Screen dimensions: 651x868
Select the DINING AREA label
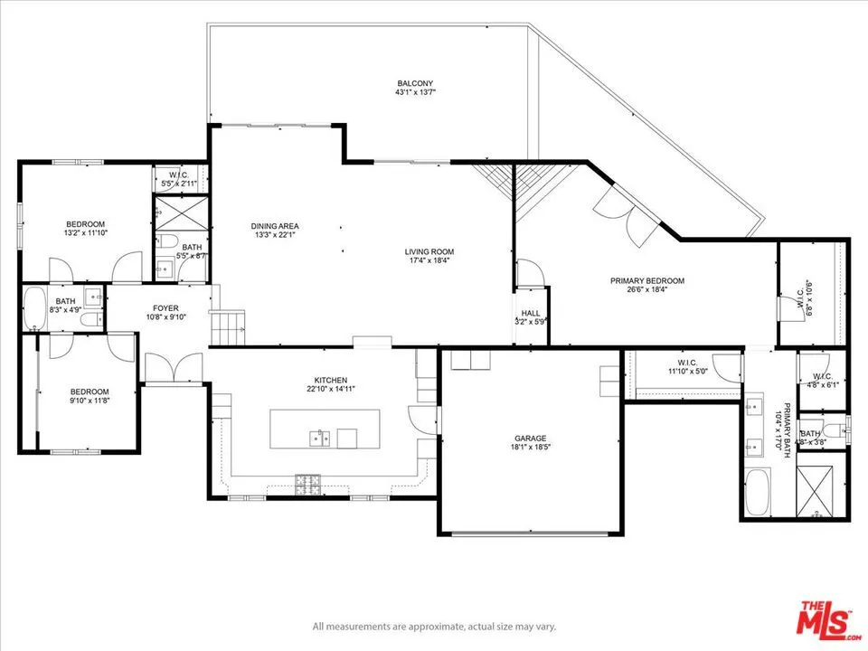[x=275, y=226]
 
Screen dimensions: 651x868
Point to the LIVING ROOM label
[x=429, y=251]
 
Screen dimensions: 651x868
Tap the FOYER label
[x=165, y=307]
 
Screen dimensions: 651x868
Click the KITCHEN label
[x=331, y=380]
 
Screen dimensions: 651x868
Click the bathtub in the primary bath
[x=757, y=492]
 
